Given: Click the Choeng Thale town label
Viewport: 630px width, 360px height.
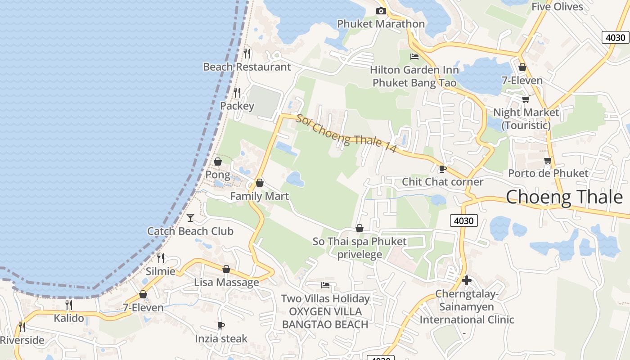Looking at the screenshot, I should coord(564,197).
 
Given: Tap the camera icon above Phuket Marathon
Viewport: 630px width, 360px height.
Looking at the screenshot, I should coord(381,11).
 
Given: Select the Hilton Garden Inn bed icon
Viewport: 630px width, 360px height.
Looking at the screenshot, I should coord(414,57).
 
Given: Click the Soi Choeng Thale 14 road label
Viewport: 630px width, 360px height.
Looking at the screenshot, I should coord(346,133).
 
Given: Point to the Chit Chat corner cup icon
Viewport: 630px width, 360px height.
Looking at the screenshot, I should coord(442,169).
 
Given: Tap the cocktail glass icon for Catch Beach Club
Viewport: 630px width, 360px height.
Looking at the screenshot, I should coord(190,218).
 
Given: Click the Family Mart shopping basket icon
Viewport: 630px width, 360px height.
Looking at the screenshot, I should coord(260,183).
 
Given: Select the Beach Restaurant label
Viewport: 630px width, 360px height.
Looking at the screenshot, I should coord(247,67).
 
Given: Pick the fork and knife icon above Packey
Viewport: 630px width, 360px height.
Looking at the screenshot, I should coord(237,92).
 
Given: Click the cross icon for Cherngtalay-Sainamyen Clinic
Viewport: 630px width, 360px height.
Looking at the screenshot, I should coord(467,280).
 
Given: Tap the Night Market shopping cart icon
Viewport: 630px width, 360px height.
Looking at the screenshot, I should coord(526,99).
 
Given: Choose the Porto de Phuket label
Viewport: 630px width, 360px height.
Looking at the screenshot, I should coord(548,173).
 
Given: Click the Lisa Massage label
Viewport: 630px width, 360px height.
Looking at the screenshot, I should coord(226,282).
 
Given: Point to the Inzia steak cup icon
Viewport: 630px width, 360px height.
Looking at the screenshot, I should coord(220,325).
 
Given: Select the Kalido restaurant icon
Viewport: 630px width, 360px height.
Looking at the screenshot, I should coord(69,305).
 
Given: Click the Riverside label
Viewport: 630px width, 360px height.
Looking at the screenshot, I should coord(22,340).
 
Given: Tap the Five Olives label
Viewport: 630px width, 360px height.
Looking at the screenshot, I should coord(557,7).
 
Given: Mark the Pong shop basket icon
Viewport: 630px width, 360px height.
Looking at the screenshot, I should coord(218,162).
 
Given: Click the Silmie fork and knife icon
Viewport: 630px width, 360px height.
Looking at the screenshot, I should coord(161,258).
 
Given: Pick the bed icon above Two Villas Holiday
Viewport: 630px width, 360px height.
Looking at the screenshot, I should coord(325,285).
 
